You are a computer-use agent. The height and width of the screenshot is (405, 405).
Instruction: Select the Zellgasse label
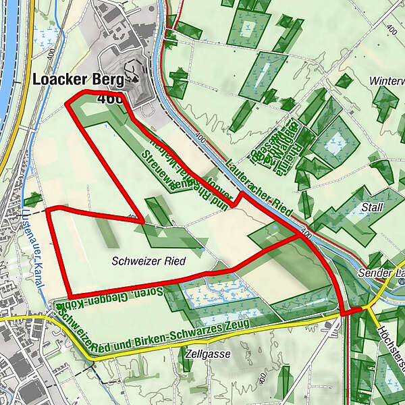(206, 354)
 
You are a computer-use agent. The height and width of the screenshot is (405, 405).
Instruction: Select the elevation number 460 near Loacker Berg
(110, 99)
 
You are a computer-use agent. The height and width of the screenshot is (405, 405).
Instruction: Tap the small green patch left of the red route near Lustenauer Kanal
(32, 199)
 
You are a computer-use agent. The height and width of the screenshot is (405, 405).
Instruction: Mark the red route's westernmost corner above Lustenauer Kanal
(49, 210)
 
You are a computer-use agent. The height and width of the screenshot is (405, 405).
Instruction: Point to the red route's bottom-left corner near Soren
(69, 297)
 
